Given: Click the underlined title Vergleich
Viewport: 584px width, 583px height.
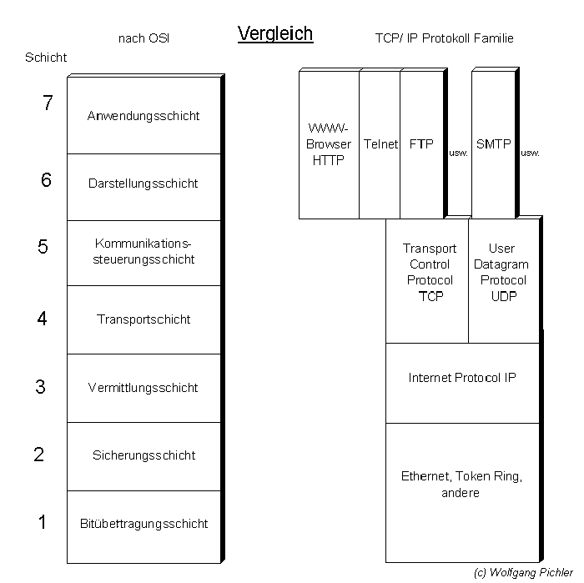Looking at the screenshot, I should coord(274,33).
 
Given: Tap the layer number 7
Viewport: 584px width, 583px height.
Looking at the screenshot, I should coord(48,103).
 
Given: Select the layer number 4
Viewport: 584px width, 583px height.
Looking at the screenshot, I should coord(43,318).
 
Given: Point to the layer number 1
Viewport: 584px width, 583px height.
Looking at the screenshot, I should coord(43,522).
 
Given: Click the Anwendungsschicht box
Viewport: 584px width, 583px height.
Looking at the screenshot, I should coord(143,115).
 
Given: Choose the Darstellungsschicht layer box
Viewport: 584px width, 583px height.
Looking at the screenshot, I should coord(143,183).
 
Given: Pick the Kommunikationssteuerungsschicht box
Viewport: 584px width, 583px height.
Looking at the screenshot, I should coord(143,252).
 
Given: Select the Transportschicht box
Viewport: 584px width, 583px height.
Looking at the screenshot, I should coord(143,319).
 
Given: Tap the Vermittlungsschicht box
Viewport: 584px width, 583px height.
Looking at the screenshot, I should coord(143,387).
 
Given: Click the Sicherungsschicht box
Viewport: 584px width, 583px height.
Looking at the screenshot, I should coord(143,455).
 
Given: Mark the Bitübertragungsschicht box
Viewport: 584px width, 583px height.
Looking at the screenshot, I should coord(143,524).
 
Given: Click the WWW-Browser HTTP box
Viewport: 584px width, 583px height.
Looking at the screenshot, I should coord(329,144).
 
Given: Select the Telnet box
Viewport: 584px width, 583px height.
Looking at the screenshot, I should coord(380,144).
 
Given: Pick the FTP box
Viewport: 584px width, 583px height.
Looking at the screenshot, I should coord(421,144).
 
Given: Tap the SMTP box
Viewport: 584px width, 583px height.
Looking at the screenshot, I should coord(493,144).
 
